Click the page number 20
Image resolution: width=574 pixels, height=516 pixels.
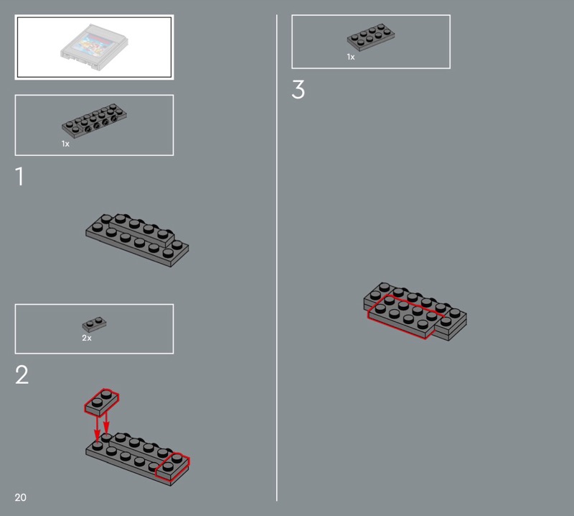[21, 497]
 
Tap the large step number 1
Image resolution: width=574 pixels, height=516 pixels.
[20, 176]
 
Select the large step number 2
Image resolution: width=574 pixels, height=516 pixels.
[22, 375]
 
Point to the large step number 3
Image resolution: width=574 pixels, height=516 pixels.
[298, 90]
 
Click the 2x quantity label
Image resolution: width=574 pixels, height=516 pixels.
[87, 338]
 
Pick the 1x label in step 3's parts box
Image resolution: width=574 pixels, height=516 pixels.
[351, 57]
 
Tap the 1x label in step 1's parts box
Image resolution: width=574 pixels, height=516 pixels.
[65, 144]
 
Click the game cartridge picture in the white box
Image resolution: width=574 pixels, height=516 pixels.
[95, 47]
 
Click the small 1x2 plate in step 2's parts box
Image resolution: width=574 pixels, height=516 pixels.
[95, 324]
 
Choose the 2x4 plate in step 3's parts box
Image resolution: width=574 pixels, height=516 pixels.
[371, 37]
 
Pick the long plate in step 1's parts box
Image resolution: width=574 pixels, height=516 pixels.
[95, 120]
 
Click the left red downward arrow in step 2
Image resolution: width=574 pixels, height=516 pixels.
[97, 428]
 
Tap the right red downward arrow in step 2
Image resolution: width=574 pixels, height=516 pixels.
[106, 423]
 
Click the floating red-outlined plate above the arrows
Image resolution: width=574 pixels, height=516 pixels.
[101, 402]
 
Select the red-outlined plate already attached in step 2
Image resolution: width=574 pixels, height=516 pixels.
[172, 466]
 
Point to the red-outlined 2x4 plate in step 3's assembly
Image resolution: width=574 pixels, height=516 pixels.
[405, 316]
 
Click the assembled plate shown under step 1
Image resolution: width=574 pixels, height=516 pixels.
[137, 240]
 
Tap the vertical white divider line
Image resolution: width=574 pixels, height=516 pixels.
[277, 258]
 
